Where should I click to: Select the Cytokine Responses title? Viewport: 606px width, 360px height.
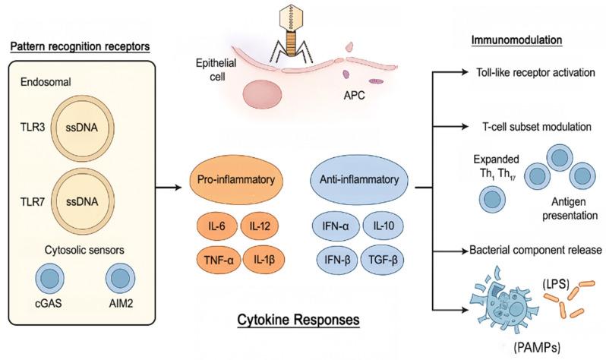(x=301, y=321)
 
